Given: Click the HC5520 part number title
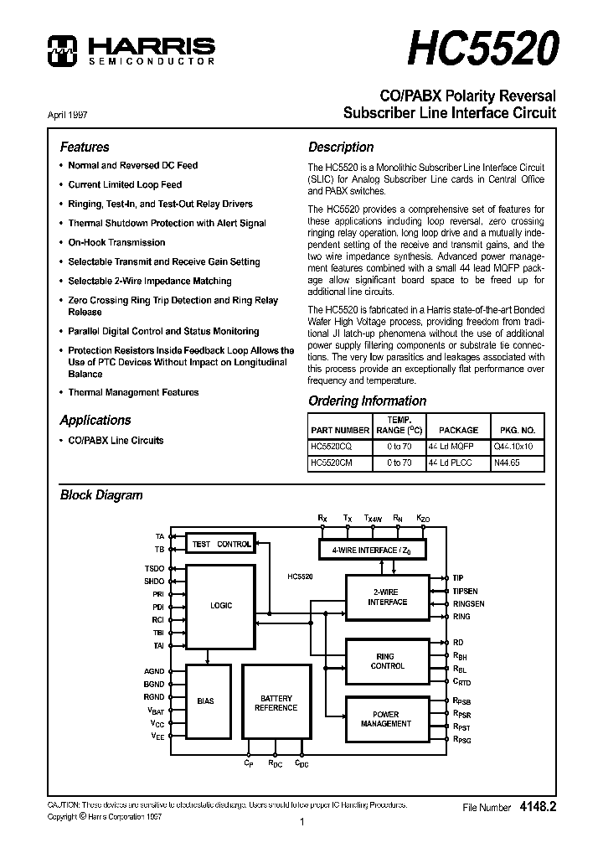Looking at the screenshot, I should coord(482,48).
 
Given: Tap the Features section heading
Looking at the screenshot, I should coord(84,147).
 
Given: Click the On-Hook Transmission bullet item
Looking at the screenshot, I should coord(116,242).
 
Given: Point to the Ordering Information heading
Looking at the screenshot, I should coord(367,401).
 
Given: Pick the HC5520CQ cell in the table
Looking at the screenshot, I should coord(331,447).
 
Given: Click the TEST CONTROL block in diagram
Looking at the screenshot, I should coord(221,544).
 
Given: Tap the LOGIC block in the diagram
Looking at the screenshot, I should coord(221,605).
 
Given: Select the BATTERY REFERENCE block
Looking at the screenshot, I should coord(276,702).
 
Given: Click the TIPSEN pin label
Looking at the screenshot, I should coord(467,591).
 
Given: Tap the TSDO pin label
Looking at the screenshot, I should coord(154,568).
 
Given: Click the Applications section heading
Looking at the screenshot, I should coord(95,420).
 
